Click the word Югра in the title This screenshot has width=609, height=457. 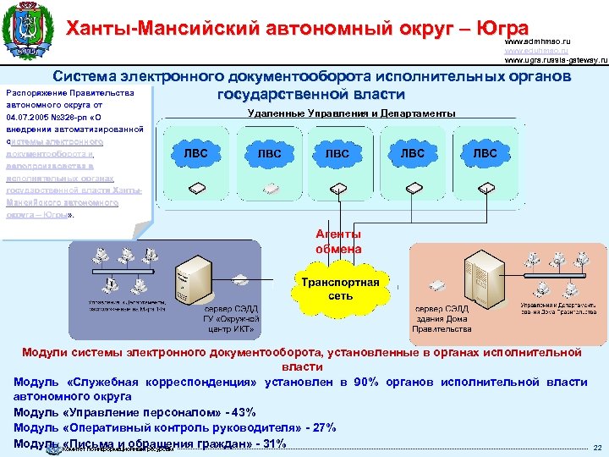tap(502, 29)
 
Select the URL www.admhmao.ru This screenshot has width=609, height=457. tap(537, 41)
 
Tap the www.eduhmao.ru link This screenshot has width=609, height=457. tap(535, 50)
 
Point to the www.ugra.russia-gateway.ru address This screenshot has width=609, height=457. tap(556, 60)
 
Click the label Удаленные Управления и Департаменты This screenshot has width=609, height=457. tap(352, 113)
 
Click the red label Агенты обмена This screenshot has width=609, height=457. tap(338, 241)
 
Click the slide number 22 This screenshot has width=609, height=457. tap(597, 447)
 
